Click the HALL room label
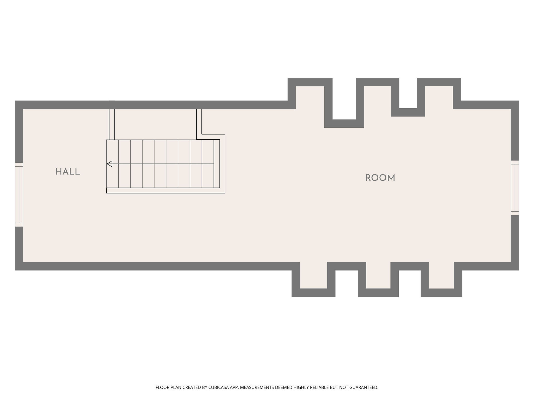click(68, 172)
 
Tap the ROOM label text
click(380, 178)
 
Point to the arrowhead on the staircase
click(110, 164)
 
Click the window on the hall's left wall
click(19, 194)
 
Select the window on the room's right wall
click(515, 188)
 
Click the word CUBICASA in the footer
click(217, 387)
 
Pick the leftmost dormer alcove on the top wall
click(310, 97)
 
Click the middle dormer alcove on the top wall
click(377, 97)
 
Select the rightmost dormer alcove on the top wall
click(439, 97)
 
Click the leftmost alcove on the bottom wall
click(313, 275)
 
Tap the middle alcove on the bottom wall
click(378, 275)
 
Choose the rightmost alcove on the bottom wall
click(441, 275)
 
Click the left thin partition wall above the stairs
click(112, 124)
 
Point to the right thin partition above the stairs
click(199, 124)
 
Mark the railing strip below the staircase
click(166, 191)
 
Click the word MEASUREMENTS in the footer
click(257, 387)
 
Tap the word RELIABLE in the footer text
click(320, 387)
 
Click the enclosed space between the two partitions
click(155, 124)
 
